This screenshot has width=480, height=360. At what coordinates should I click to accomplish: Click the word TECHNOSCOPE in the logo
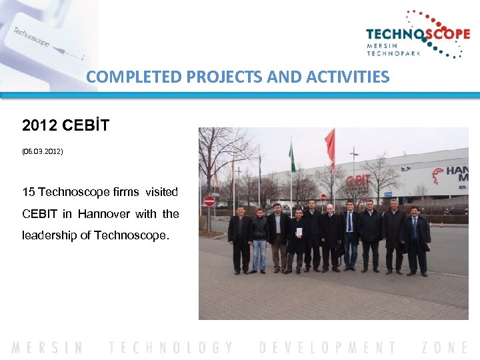[417, 35]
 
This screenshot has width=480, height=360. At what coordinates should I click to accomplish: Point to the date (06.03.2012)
[43, 152]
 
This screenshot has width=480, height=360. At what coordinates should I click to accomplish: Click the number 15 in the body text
[29, 192]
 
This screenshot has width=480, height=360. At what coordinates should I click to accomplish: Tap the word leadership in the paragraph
[49, 235]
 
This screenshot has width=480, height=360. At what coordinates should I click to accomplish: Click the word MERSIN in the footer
[47, 347]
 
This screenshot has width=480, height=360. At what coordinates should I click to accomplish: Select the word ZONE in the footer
[445, 347]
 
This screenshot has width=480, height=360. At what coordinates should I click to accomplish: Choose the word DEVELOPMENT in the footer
[328, 347]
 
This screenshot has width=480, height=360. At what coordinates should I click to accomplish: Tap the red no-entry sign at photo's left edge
[209, 201]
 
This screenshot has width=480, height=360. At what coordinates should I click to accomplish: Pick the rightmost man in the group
[416, 241]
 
